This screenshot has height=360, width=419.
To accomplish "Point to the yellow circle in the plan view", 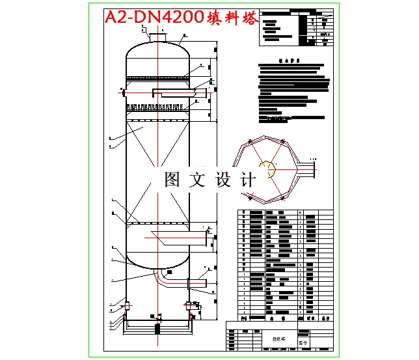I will coord(267,171).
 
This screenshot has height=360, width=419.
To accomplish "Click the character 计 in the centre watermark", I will coord(247,180).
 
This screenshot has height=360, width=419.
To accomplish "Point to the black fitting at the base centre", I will coord(157,318).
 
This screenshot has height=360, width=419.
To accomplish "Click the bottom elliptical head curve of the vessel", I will coord(157,264).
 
